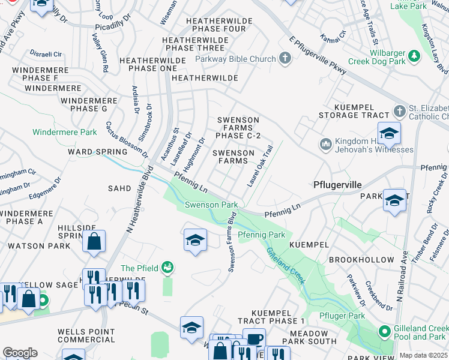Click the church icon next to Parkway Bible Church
coord(285,59)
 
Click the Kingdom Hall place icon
coord(326,144)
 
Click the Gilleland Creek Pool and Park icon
coord(383,332)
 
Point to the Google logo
coord(20,352)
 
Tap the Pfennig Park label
coord(261,234)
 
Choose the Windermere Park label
coord(65,132)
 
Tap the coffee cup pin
coord(254,339)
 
